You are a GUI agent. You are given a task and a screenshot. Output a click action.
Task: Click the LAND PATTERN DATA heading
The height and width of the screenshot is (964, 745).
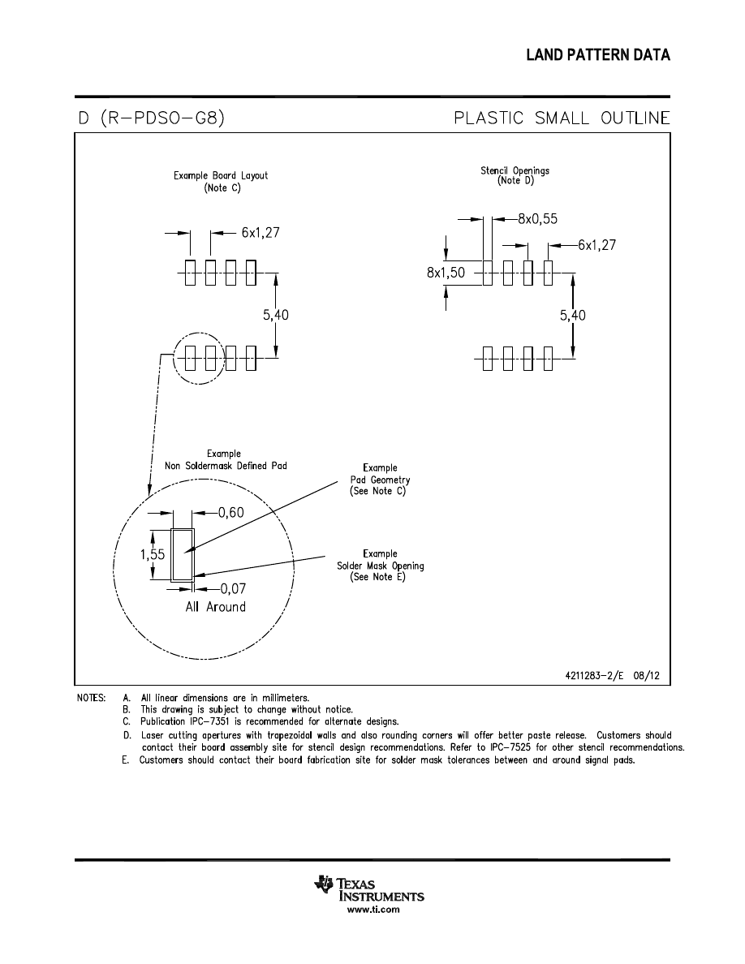pos(598,55)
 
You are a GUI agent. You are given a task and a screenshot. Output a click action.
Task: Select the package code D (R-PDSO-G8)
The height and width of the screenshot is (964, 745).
pos(152,118)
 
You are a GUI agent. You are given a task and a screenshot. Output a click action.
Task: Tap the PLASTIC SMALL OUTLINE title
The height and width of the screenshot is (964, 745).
pos(562,118)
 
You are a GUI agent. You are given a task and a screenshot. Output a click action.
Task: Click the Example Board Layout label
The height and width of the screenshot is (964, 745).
pos(221,175)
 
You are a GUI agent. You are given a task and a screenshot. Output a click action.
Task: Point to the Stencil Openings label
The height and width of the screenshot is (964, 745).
pos(515,170)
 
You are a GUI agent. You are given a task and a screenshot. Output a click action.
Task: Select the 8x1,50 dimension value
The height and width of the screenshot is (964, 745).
pos(446,273)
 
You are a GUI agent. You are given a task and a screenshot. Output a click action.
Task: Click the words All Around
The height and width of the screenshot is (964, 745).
pos(215,607)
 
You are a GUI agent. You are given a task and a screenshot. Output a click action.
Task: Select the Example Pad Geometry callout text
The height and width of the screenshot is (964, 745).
pos(380,480)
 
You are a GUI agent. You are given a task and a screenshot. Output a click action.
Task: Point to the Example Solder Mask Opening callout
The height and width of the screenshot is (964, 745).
pos(380,566)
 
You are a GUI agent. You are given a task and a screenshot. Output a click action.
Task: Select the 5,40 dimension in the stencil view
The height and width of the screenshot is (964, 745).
pos(573,315)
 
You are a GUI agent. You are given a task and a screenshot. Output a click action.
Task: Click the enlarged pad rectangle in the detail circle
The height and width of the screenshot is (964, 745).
pos(182,553)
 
